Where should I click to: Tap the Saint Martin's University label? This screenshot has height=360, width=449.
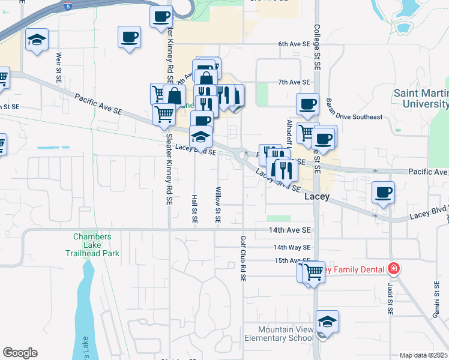[x=421, y=98]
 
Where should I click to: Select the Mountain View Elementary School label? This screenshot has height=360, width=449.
[x=286, y=334]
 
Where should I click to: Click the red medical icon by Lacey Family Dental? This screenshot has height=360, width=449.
[x=394, y=268]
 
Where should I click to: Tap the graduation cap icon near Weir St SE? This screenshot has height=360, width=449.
[x=37, y=40]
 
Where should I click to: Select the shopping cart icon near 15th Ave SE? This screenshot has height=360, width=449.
[x=313, y=271]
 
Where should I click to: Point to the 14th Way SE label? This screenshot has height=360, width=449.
[x=292, y=247]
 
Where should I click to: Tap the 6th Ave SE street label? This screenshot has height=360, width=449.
[x=297, y=44]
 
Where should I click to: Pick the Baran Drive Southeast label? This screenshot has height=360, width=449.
[x=354, y=116]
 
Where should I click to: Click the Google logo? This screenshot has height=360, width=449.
[x=20, y=353]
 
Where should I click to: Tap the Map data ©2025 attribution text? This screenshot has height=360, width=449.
[x=423, y=355]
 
